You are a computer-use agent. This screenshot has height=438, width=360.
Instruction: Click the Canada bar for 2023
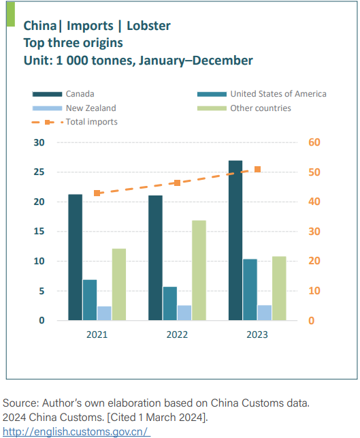tap(235, 240)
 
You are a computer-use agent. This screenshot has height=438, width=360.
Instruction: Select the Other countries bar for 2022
tap(199, 270)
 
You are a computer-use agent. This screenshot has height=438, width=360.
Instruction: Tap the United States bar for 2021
tap(90, 300)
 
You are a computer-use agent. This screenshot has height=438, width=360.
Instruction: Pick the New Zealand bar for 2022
tap(184, 313)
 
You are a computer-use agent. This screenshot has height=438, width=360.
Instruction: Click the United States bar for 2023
tap(250, 290)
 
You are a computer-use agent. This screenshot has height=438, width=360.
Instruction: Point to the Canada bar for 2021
tap(76, 257)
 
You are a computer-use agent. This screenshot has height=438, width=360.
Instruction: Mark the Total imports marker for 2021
tap(97, 193)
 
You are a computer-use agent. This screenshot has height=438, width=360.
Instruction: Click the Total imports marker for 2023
tap(258, 170)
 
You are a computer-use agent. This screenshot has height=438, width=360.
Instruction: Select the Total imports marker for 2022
tap(177, 183)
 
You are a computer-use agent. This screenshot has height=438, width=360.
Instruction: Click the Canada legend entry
tap(63, 94)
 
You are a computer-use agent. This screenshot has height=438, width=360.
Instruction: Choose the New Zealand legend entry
tap(74, 108)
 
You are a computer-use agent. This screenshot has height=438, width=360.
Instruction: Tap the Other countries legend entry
tap(244, 108)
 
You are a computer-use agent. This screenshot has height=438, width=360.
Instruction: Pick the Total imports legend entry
tap(75, 122)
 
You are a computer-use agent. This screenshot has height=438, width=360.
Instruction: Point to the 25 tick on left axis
tap(39, 172)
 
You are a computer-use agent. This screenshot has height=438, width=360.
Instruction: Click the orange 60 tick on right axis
tap(314, 142)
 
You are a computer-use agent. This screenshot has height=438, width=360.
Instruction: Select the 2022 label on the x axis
tap(177, 334)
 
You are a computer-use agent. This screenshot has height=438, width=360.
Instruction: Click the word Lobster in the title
tap(149, 26)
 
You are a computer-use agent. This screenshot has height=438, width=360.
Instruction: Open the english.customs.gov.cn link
tap(76, 432)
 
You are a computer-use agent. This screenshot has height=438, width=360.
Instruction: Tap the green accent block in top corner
tap(11, 14)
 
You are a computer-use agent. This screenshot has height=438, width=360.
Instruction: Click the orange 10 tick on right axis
tap(314, 291)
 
